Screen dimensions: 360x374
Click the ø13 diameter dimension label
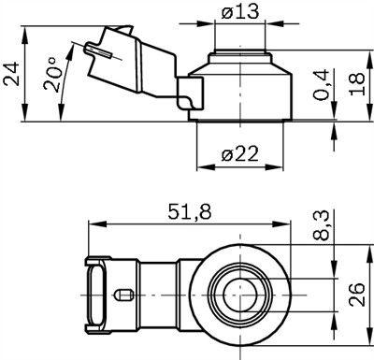(x=239, y=13)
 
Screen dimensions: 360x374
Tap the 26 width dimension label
(x=356, y=295)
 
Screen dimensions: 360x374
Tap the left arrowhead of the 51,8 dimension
(x=91, y=223)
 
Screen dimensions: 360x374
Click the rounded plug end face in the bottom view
(x=93, y=294)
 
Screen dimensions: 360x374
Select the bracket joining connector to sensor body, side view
(x=191, y=94)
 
